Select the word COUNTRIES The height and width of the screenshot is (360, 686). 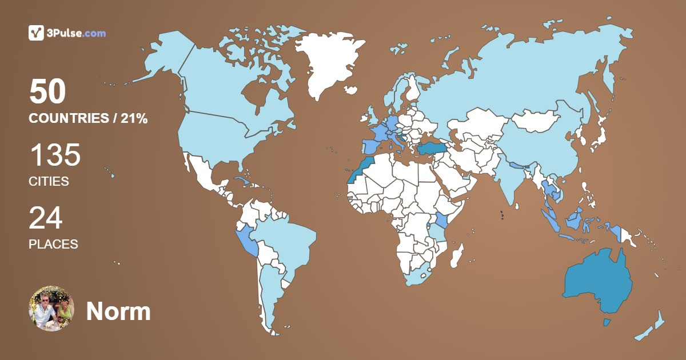click(69, 119)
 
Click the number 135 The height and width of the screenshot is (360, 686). click(55, 155)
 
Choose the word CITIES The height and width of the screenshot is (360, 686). click(49, 182)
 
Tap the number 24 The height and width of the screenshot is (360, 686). click(46, 218)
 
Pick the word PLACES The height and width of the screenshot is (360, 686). click(53, 244)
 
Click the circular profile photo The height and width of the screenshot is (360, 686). click(51, 309)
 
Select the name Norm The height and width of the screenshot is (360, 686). click(118, 311)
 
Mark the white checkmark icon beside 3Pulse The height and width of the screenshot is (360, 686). click(37, 33)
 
